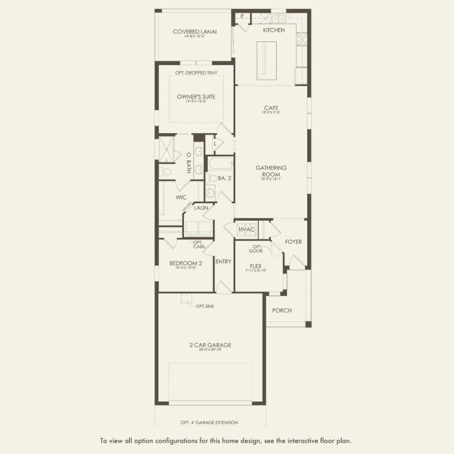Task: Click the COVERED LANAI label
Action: click(x=195, y=32)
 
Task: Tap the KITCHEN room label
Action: click(x=273, y=30)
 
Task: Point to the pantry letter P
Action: click(x=242, y=16)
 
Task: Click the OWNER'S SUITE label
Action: click(x=196, y=97)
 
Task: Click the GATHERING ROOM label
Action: click(x=271, y=171)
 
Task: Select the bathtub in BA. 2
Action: click(x=221, y=164)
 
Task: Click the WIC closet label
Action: click(x=181, y=198)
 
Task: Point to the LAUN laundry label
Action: click(x=201, y=208)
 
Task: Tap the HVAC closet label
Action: click(x=246, y=229)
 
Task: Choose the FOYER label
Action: click(x=293, y=241)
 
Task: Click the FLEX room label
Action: click(x=256, y=266)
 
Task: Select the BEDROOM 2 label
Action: click(x=185, y=263)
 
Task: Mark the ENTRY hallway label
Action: click(x=223, y=262)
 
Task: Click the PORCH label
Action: click(x=282, y=310)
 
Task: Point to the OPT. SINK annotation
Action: click(x=205, y=307)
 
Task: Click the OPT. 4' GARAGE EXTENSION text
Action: click(x=210, y=422)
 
